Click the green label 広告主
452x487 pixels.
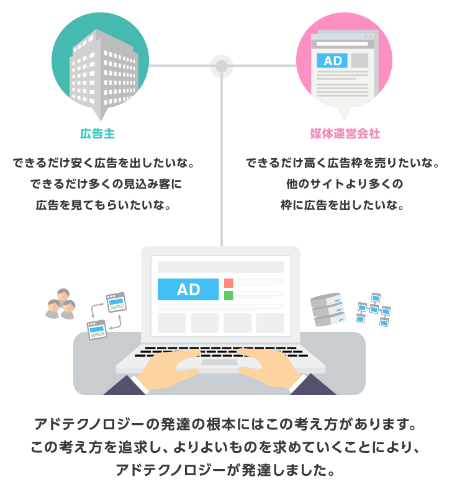pyautogui.click(x=97, y=134)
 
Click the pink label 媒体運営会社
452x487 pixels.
pyautogui.click(x=345, y=134)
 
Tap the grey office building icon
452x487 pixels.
pyautogui.click(x=104, y=72)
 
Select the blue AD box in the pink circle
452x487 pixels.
pyautogui.click(x=332, y=61)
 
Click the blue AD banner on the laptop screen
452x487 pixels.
pyautogui.click(x=188, y=290)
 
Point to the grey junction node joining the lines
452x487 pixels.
pyautogui.click(x=221, y=66)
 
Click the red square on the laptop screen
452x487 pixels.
pyautogui.click(x=228, y=283)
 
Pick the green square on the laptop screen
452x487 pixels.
pyautogui.click(x=228, y=295)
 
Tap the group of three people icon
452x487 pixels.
pyautogui.click(x=61, y=304)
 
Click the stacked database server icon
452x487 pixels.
pyautogui.click(x=328, y=310)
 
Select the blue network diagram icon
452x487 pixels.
pyautogui.click(x=373, y=310)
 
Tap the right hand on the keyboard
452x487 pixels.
pyautogui.click(x=269, y=368)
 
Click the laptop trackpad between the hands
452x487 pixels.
pyautogui.click(x=219, y=362)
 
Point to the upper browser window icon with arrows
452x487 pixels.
pyautogui.click(x=117, y=302)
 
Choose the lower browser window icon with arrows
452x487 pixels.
pyautogui.click(x=97, y=329)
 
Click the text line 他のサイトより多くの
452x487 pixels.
pyautogui.click(x=345, y=184)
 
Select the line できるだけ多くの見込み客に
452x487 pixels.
pyautogui.click(x=106, y=184)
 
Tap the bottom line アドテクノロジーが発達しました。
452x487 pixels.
pyautogui.click(x=225, y=470)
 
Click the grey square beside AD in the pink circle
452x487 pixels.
pyautogui.click(x=359, y=61)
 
